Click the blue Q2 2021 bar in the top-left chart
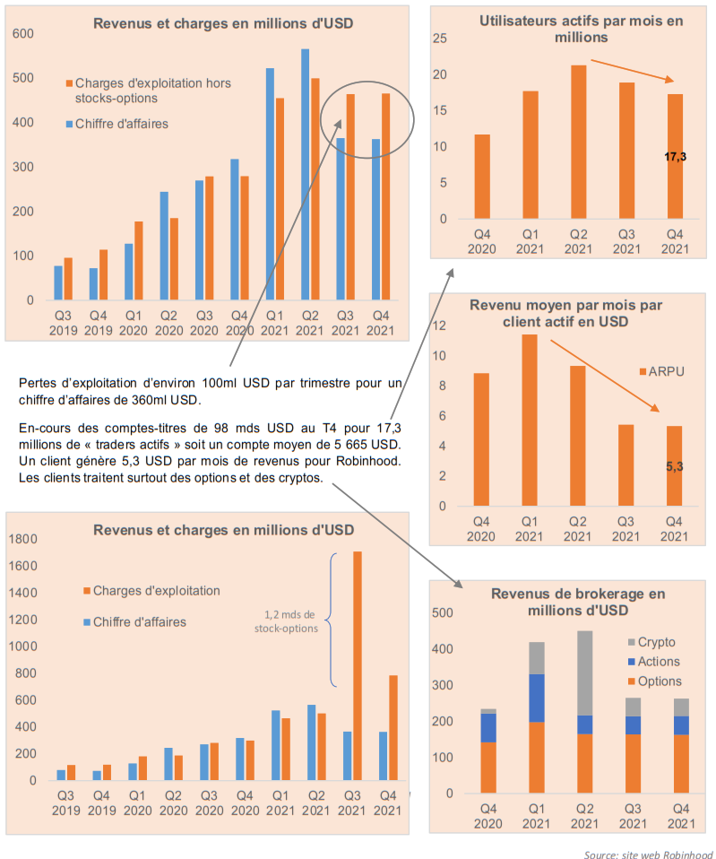[x=305, y=174]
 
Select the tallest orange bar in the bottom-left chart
[x=358, y=665]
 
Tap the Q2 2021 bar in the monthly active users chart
[x=579, y=142]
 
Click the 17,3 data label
[x=675, y=157]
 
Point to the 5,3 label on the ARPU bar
[x=675, y=467]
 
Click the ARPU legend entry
[x=662, y=371]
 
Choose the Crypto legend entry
[x=651, y=642]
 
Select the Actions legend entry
[x=653, y=662]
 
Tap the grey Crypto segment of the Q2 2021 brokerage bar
[x=584, y=673]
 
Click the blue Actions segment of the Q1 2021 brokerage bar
[x=537, y=698]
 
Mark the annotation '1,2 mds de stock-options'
[x=286, y=621]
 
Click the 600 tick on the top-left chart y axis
[x=23, y=33]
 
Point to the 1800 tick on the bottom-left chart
[x=23, y=539]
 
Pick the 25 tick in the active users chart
[x=440, y=39]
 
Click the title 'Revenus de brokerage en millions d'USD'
[x=578, y=602]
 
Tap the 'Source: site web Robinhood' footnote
[x=649, y=854]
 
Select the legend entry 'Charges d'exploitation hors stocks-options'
[x=149, y=91]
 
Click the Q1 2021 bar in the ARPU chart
[x=530, y=421]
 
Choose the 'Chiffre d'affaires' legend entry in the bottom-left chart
[x=134, y=621]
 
